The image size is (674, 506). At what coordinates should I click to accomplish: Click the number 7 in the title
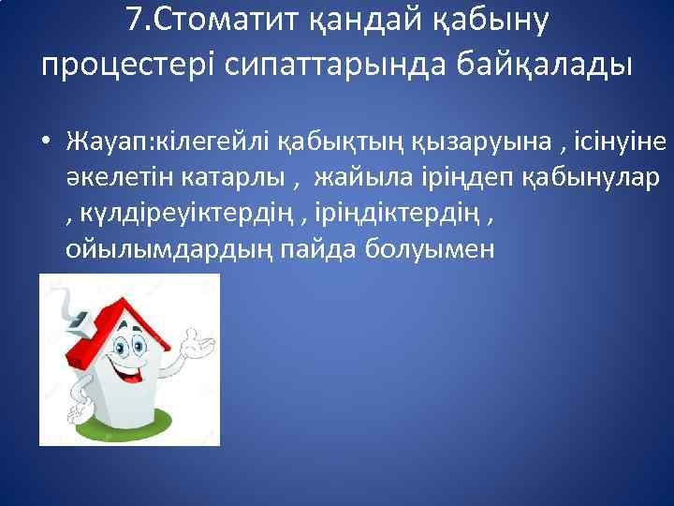(132, 21)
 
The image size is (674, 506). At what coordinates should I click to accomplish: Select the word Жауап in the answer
(102, 143)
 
